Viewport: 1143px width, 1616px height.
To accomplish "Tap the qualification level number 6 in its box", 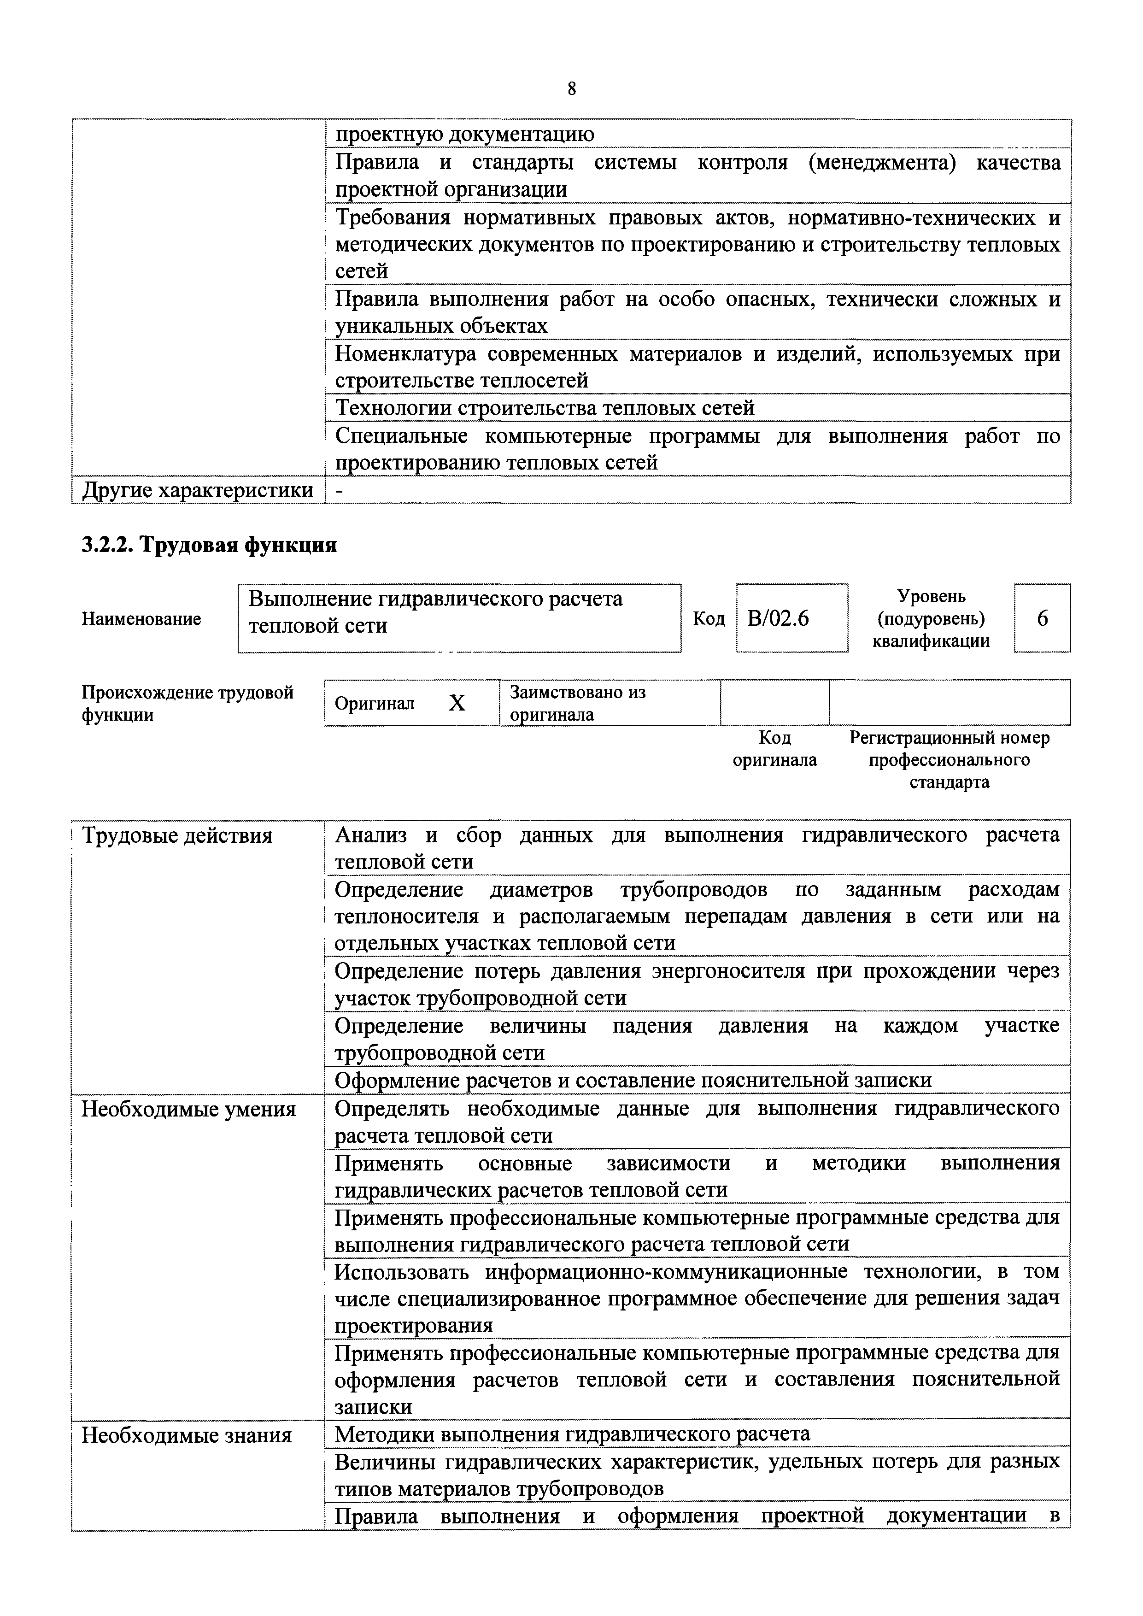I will click(x=1043, y=618).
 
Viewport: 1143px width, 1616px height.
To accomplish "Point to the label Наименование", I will click(x=141, y=619).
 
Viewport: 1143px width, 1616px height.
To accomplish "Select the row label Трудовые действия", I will click(x=176, y=835).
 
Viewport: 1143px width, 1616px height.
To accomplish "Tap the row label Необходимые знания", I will click(x=187, y=1435).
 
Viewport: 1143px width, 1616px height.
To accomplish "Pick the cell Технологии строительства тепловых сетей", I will click(x=544, y=408).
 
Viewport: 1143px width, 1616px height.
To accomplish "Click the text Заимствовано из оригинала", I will click(x=577, y=703).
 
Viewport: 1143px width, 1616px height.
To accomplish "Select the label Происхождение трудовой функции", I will click(x=187, y=704).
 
